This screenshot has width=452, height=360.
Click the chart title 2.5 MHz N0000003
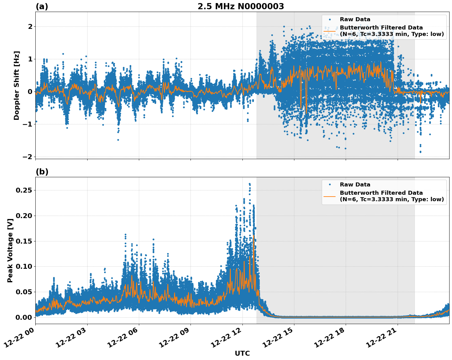pyautogui.click(x=241, y=6)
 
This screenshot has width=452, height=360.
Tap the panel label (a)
pyautogui.click(x=42, y=6)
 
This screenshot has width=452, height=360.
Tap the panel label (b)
pyautogui.click(x=42, y=172)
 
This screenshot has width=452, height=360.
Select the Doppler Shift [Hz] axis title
pyautogui.click(x=17, y=85)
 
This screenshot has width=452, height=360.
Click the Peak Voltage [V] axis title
pyautogui.click(x=10, y=251)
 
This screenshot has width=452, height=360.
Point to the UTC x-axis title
pyautogui.click(x=242, y=353)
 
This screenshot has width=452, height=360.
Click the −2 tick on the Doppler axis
pyautogui.click(x=27, y=157)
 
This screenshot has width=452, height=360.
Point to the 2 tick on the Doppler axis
pyautogui.click(x=30, y=27)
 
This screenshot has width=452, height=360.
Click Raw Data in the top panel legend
pyautogui.click(x=355, y=19)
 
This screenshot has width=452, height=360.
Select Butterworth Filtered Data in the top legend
pyautogui.click(x=381, y=28)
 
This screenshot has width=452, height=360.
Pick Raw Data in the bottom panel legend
pyautogui.click(x=355, y=185)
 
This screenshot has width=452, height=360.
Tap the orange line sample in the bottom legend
pyautogui.click(x=329, y=196)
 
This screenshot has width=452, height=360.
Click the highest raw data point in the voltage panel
pyautogui.click(x=250, y=184)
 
